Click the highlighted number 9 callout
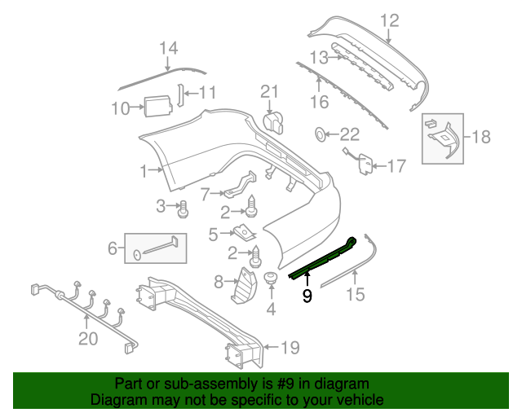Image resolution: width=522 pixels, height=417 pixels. click(307, 296)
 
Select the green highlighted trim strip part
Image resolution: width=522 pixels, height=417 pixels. click(322, 259)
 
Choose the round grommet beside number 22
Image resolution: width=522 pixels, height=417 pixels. click(321, 134)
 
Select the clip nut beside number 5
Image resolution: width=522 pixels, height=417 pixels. click(241, 235)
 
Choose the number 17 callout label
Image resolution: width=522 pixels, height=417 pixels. click(395, 167)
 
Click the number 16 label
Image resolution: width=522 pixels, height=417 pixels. click(318, 102)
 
